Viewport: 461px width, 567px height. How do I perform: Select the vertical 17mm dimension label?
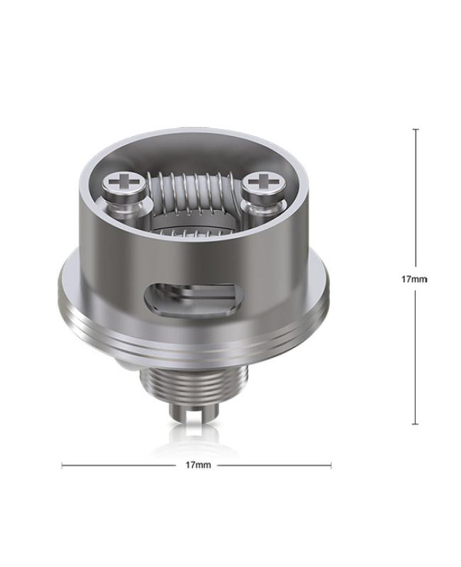coord(415,279)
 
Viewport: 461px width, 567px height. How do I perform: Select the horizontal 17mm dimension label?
coord(198,465)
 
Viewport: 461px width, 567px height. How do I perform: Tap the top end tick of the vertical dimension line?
coord(416,129)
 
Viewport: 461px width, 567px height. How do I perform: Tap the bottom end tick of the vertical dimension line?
coord(416,424)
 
